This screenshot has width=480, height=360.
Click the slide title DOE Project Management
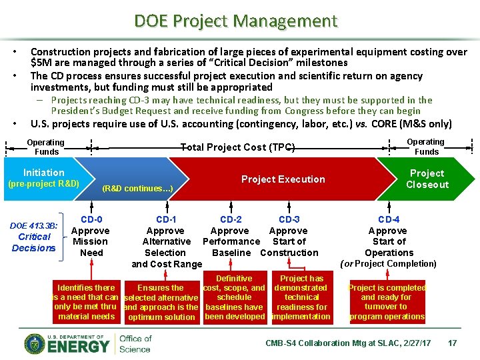point(236,21)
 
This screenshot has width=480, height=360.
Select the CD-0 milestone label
point(91,219)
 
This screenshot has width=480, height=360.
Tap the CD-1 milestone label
point(166,219)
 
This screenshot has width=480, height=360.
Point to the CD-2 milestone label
point(231,219)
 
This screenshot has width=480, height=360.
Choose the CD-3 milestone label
point(289,219)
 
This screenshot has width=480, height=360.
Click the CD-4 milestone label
point(389,219)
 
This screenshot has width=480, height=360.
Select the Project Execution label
point(283,179)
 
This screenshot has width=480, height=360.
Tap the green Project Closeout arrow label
point(427,179)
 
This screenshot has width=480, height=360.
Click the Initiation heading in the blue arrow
point(44,173)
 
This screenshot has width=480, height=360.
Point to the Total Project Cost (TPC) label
point(238,147)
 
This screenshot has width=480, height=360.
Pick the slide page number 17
point(452,343)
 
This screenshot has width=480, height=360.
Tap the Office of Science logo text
point(135,343)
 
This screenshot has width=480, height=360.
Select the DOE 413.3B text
point(34,226)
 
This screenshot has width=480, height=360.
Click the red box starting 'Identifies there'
point(87,302)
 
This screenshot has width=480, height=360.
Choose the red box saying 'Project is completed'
point(387,302)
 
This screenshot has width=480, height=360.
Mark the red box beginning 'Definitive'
point(234,297)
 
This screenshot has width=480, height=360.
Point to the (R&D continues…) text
point(138,189)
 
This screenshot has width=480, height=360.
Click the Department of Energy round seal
point(36,343)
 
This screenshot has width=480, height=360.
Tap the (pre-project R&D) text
point(43,184)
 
